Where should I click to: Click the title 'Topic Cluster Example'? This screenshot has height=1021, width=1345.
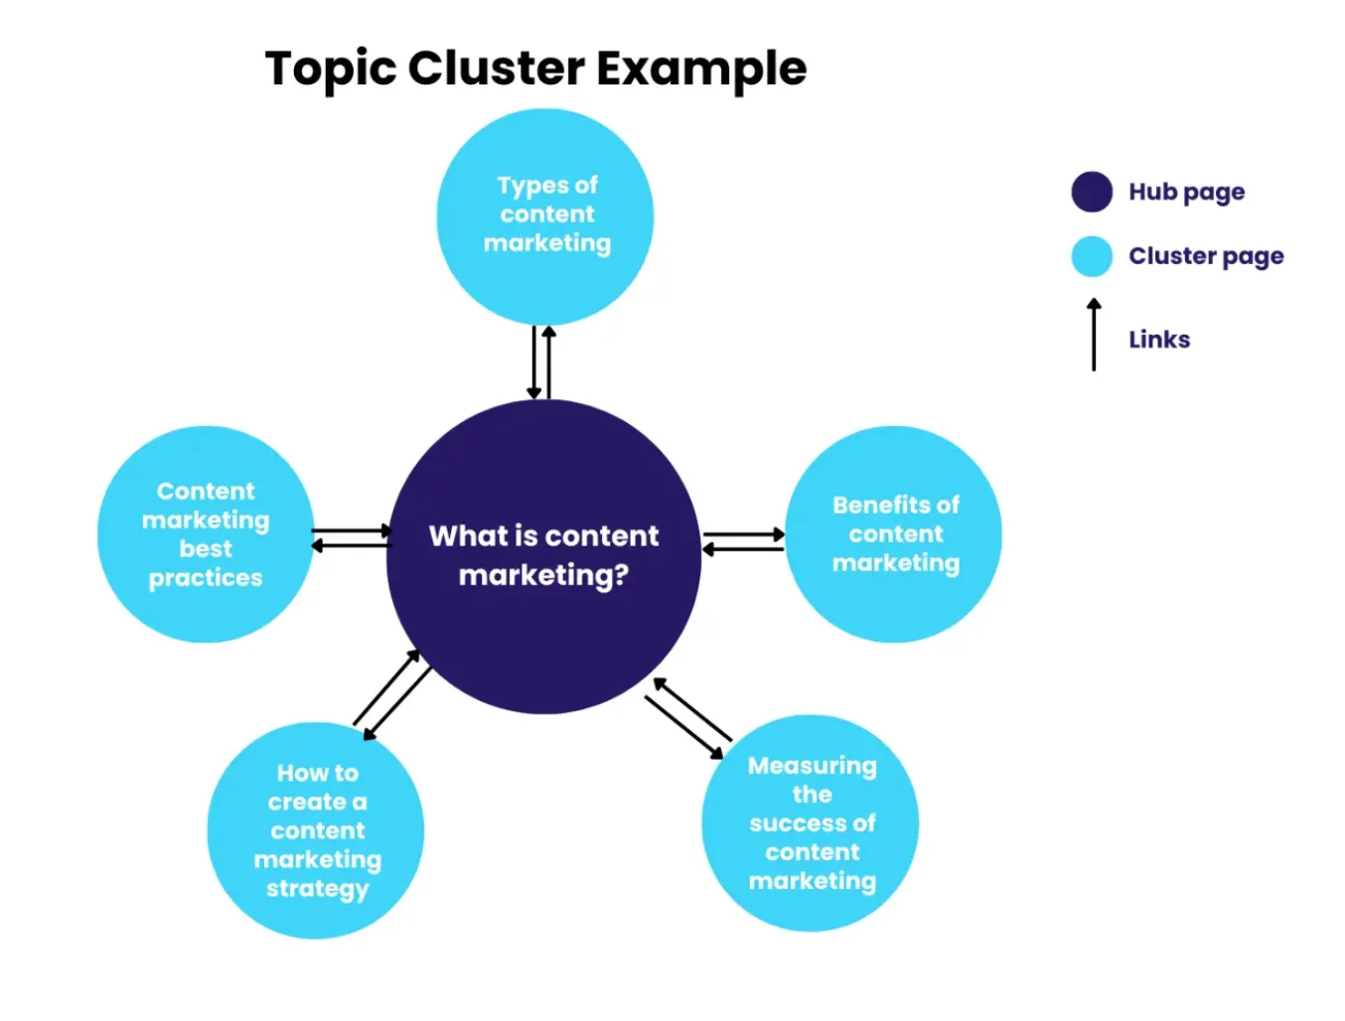tap(535, 69)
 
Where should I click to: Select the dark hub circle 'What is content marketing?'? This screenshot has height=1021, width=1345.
tap(543, 556)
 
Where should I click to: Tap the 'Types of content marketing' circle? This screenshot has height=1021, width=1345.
tap(545, 216)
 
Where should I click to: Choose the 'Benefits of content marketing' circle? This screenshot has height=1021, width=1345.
tap(894, 534)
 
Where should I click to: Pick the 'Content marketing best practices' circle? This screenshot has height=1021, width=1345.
tap(206, 534)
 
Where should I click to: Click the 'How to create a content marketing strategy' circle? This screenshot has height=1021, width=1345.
tap(316, 830)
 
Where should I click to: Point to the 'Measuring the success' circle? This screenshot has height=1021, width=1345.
tap(811, 823)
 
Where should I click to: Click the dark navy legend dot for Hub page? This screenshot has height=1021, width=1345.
tap(1092, 192)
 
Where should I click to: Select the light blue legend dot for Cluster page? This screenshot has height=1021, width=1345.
tap(1092, 256)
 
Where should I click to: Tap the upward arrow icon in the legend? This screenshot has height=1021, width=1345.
tap(1094, 335)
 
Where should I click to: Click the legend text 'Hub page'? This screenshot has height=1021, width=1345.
tap(1186, 192)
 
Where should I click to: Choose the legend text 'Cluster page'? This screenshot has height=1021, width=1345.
tap(1206, 256)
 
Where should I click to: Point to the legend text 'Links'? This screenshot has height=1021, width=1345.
tap(1159, 340)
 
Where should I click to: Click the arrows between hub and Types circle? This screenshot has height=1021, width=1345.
tap(541, 363)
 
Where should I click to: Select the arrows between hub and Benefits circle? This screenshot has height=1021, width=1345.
tap(744, 541)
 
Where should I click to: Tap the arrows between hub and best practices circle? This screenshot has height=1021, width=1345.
tap(352, 538)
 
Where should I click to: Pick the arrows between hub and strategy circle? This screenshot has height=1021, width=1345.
tap(392, 695)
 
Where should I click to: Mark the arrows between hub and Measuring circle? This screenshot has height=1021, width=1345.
tap(688, 718)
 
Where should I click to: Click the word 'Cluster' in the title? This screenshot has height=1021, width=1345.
tap(496, 69)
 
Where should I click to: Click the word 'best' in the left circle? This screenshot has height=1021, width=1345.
tap(206, 549)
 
